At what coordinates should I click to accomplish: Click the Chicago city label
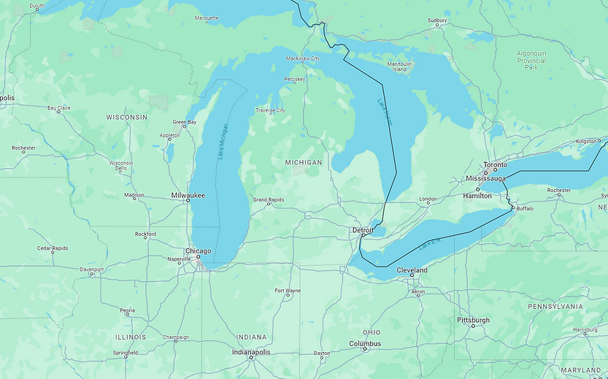tap(198, 251)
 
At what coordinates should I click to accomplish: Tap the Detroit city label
tap(363, 230)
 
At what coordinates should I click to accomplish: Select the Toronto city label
tap(495, 165)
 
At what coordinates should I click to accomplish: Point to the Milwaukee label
tap(188, 195)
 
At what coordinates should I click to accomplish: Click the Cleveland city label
tap(412, 270)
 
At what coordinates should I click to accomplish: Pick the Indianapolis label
tap(250, 352)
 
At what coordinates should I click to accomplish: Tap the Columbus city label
tap(365, 343)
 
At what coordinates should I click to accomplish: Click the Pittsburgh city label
tap(473, 320)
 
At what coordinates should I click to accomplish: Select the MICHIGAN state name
tap(303, 162)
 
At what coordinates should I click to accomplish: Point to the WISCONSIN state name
tap(126, 117)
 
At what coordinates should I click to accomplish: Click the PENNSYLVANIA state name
tap(555, 307)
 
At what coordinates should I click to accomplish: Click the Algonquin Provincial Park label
tap(531, 60)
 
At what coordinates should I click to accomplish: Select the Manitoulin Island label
tap(399, 66)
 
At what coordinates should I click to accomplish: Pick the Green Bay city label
tap(184, 122)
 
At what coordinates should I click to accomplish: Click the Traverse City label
tap(270, 110)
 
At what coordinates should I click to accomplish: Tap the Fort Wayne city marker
tap(287, 296)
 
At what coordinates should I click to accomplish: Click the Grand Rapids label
tap(269, 199)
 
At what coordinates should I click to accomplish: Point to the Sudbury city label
tap(437, 20)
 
